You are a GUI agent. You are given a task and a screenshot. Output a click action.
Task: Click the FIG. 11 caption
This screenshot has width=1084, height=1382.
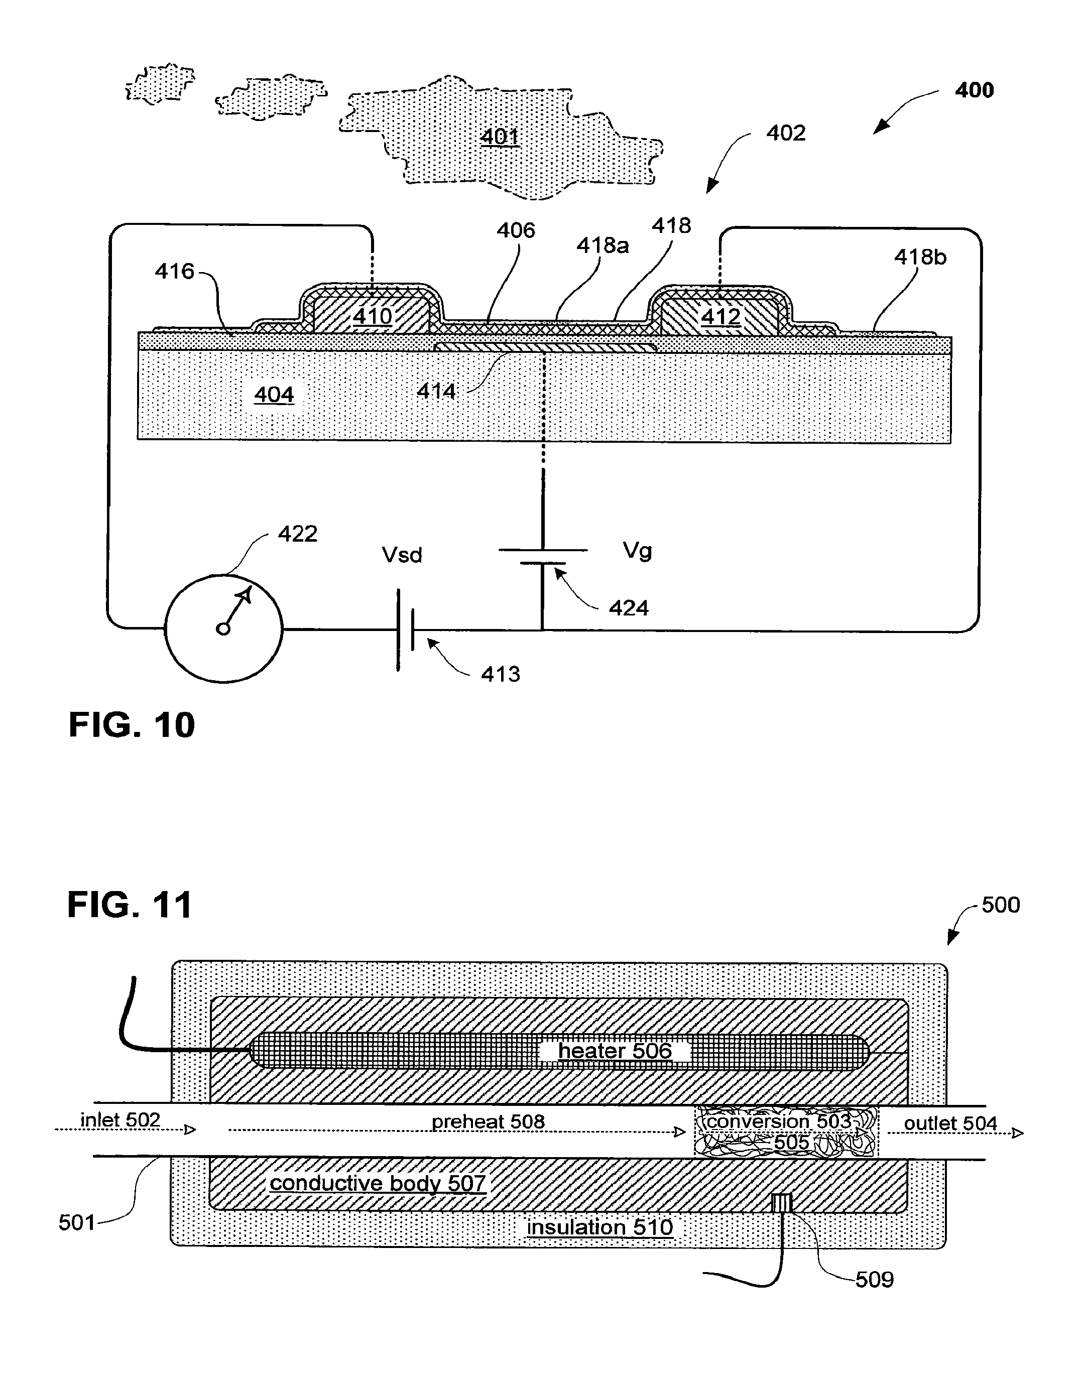click(x=130, y=905)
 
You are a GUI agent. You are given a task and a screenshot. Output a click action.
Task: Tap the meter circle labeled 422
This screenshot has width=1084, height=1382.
click(x=223, y=628)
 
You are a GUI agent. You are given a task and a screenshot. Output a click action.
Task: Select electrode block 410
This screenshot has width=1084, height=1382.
click(x=372, y=315)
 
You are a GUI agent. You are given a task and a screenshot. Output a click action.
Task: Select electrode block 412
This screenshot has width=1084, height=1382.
click(x=720, y=316)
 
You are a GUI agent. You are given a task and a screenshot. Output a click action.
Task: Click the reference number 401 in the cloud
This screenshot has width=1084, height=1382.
click(x=500, y=137)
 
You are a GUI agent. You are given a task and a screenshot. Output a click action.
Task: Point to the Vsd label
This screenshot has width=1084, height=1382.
click(x=402, y=555)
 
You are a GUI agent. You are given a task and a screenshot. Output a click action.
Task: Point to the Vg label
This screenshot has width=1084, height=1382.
click(x=637, y=551)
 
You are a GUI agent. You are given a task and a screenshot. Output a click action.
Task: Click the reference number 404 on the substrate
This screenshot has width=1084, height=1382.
click(x=274, y=395)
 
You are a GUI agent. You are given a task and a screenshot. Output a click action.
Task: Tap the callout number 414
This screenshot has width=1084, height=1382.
click(x=436, y=391)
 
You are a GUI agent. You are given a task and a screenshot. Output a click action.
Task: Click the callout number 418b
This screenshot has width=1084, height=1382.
click(x=920, y=257)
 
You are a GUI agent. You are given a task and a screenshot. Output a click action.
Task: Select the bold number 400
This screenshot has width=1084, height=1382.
click(x=974, y=90)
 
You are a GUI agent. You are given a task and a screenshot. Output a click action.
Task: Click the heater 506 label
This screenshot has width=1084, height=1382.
click(x=615, y=1051)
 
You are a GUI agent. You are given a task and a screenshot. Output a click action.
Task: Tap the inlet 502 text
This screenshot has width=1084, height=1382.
click(x=121, y=1120)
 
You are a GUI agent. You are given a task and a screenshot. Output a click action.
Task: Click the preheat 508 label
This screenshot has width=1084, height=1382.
click(x=488, y=1122)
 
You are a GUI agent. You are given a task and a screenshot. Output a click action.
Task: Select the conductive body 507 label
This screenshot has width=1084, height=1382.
click(x=378, y=1183)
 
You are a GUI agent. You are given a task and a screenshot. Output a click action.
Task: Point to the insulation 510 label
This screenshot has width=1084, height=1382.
click(x=600, y=1227)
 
